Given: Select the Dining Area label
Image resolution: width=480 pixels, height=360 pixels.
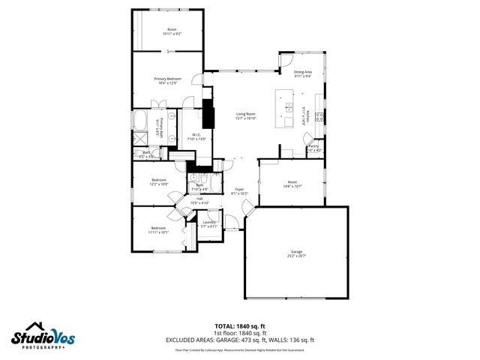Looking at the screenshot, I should [304, 73].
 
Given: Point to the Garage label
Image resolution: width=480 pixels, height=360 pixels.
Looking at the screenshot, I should [297, 253].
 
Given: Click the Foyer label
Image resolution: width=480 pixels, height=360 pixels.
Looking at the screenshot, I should [239, 190].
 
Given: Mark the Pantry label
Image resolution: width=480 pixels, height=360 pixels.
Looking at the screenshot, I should [313, 148].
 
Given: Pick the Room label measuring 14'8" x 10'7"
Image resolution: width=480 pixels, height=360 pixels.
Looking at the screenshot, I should [292, 184].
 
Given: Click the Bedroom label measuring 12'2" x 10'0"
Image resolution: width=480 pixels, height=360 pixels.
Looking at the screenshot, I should [159, 181].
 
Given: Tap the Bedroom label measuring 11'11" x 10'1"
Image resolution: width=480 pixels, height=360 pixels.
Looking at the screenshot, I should [158, 229].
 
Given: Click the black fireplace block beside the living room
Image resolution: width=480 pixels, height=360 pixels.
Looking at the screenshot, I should [208, 115].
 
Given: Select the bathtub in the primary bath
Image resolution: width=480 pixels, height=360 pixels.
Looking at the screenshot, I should [140, 122].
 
